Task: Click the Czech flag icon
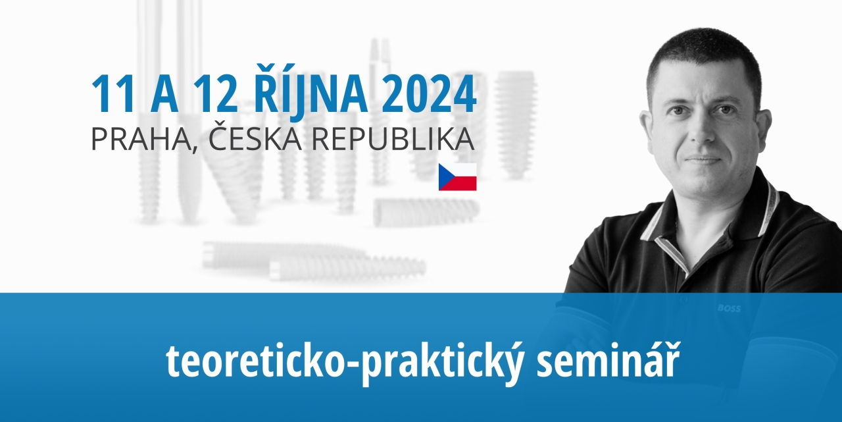(457, 177)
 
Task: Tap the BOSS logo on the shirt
(729, 309)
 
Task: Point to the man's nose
(701, 128)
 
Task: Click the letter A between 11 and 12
(164, 93)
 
